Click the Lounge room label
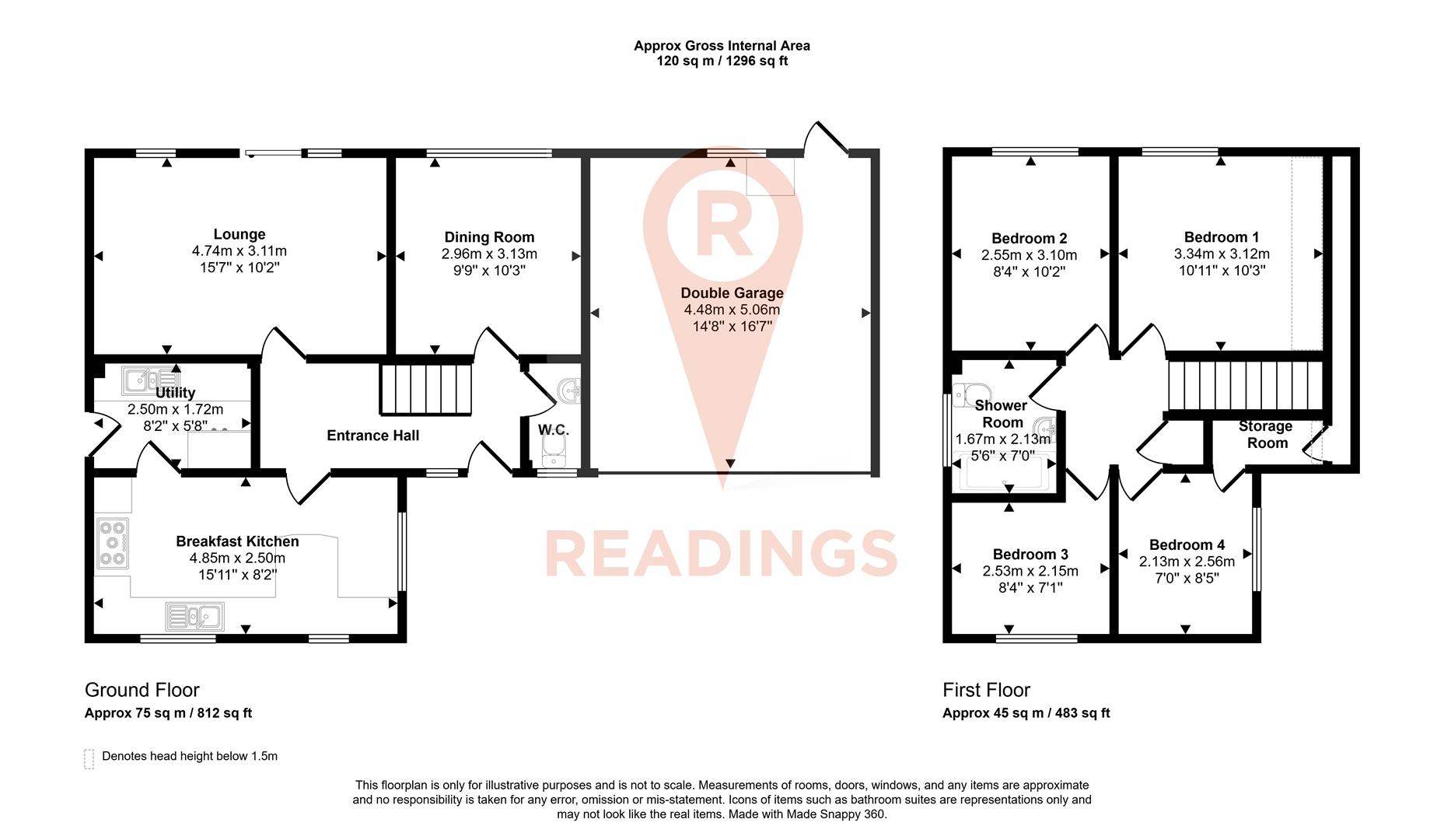pyautogui.click(x=240, y=234)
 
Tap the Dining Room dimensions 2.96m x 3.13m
pyautogui.click(x=489, y=254)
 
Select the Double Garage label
pyautogui.click(x=732, y=293)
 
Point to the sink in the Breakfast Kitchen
pyautogui.click(x=195, y=617)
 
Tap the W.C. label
pyautogui.click(x=554, y=429)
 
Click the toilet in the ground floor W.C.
pyautogui.click(x=553, y=450)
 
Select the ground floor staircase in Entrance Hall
pyautogui.click(x=426, y=390)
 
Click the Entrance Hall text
pyautogui.click(x=372, y=436)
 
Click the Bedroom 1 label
pyautogui.click(x=1222, y=237)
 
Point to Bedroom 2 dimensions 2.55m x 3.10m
pyautogui.click(x=1029, y=255)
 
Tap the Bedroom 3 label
pyautogui.click(x=1030, y=555)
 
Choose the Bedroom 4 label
pyautogui.click(x=1187, y=545)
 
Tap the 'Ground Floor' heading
pyautogui.click(x=142, y=690)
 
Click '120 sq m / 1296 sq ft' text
pyautogui.click(x=722, y=61)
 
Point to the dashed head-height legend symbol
pyautogui.click(x=89, y=758)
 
